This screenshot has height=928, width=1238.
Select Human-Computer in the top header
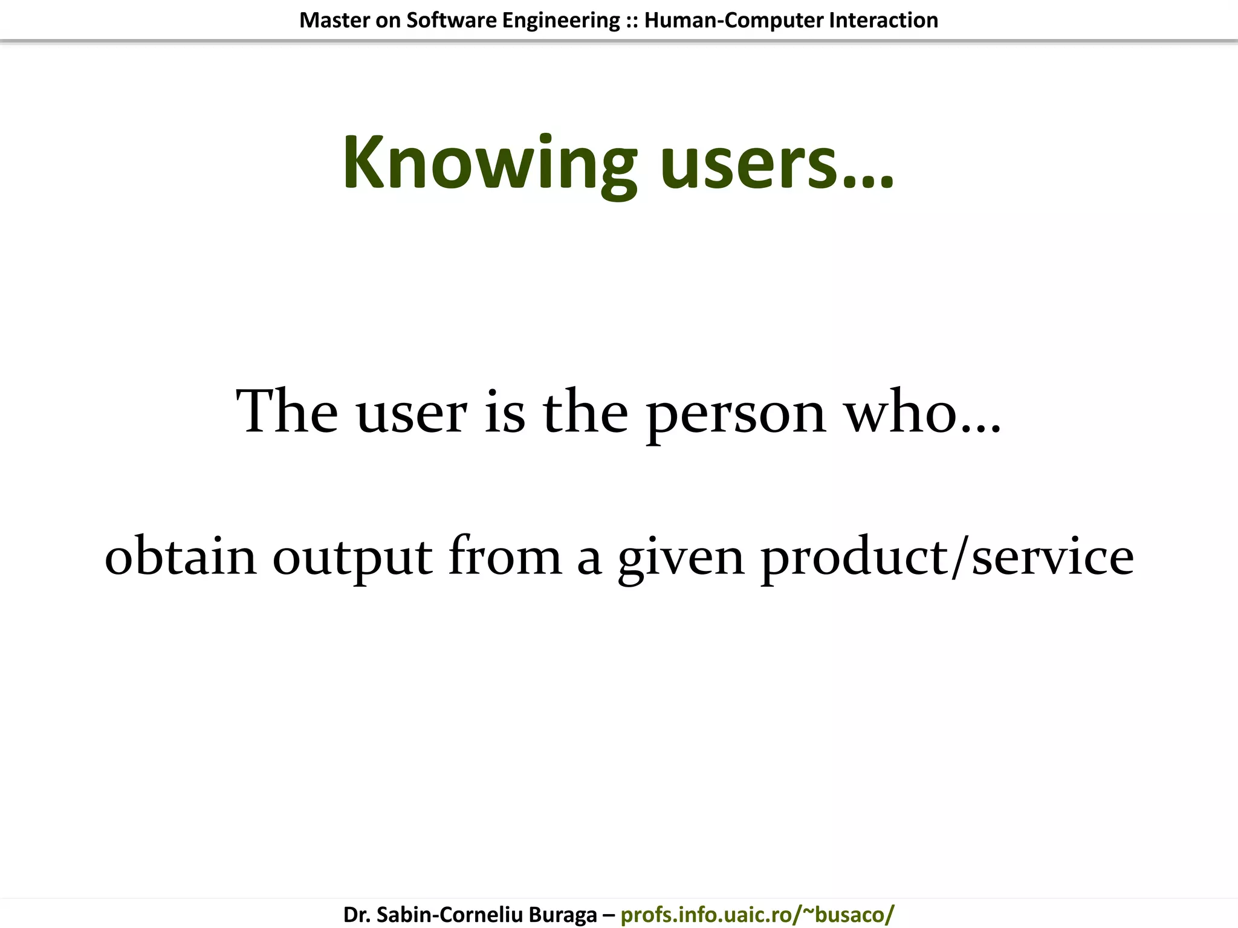coord(733,21)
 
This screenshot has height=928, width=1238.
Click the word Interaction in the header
coord(884,21)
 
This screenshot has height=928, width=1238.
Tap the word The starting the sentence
coord(287,412)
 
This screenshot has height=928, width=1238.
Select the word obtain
coord(181,556)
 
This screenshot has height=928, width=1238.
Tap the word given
coord(681,558)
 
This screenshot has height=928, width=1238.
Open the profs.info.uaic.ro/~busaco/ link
coord(757,915)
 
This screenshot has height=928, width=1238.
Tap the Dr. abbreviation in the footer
coord(357,915)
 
